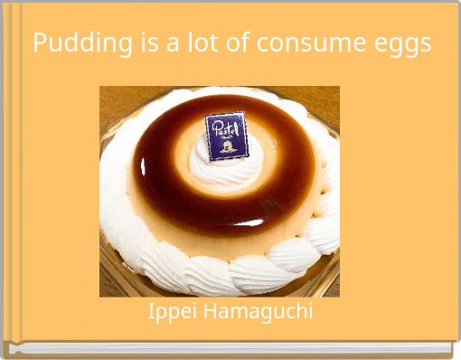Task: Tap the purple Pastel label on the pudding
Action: pyautogui.click(x=225, y=137)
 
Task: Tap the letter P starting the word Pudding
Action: pyautogui.click(x=40, y=43)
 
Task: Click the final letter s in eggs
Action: pyautogui.click(x=425, y=44)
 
